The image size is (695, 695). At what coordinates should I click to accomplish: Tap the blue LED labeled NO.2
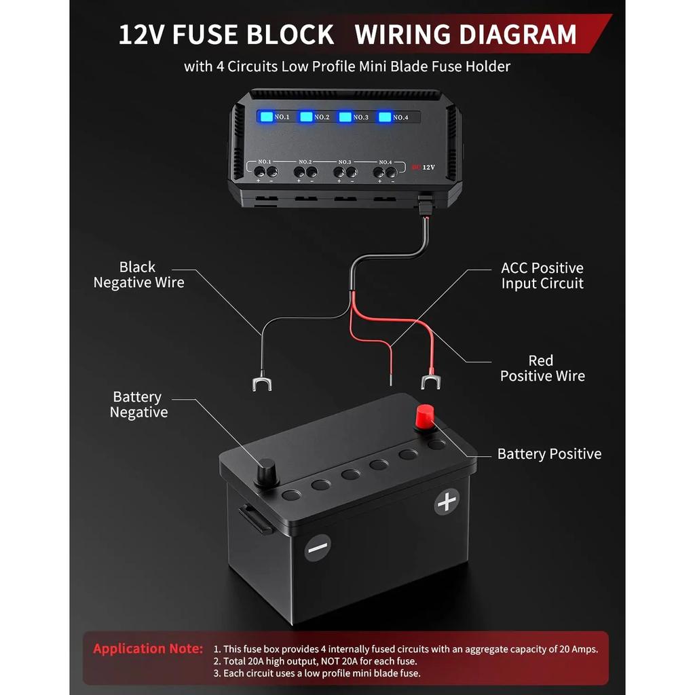tap(306, 117)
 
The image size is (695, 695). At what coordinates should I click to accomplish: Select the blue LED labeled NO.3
tap(345, 117)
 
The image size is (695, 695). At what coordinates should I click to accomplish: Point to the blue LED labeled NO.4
tap(385, 117)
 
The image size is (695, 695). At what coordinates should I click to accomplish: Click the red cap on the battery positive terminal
tap(425, 416)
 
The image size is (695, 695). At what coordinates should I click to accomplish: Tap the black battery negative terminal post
tap(265, 471)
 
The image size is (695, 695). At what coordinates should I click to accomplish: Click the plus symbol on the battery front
tap(446, 502)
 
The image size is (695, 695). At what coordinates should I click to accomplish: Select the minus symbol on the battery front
tap(317, 547)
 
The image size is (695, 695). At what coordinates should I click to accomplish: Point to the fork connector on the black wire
tap(260, 385)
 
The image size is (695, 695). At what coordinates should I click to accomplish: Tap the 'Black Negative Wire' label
tap(138, 275)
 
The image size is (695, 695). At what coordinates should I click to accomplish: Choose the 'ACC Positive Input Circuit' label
tap(542, 276)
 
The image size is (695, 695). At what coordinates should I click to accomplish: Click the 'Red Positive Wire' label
tap(542, 368)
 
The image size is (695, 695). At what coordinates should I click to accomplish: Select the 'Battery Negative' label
tap(138, 405)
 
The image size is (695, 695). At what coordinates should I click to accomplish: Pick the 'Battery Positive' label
tap(549, 454)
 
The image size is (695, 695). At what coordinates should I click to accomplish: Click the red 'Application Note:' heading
tap(148, 648)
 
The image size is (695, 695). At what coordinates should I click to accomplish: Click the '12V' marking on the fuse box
tap(428, 166)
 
